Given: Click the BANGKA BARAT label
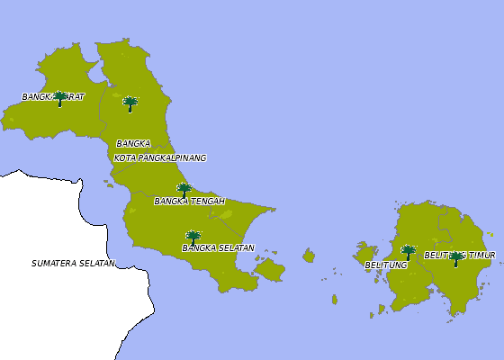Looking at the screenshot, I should pos(53,96).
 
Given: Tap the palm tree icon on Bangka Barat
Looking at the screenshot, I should pos(60,98).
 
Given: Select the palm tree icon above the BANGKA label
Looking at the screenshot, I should pos(130,103).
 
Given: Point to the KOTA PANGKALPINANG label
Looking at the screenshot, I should pos(160,157).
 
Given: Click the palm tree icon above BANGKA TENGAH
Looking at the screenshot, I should pos(184,190).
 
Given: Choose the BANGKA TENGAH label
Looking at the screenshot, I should pos(189,201).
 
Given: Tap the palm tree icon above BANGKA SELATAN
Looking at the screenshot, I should pos(193,238).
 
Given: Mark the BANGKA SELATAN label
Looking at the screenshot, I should pos(218,247).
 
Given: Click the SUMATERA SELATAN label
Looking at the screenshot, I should pos(73,264).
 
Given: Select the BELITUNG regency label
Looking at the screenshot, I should pos(386,265).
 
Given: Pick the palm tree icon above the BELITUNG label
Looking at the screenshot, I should pos(408,252).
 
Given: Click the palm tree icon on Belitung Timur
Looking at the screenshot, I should pos(456,258).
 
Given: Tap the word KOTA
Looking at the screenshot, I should pos(125,157).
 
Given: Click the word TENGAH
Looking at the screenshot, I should pos(207,201).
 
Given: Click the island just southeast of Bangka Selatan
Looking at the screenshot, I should pos(269,269).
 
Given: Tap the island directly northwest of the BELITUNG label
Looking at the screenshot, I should pos(366,254).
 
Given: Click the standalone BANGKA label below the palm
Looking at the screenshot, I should pos(133,143).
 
